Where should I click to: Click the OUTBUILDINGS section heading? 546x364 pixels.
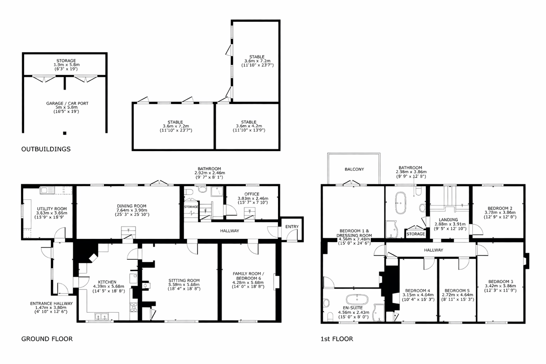46,149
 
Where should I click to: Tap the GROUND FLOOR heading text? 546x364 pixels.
47,339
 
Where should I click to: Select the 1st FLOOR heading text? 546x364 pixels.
337,339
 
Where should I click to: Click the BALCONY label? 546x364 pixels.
354,169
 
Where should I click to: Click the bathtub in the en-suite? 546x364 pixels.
356,299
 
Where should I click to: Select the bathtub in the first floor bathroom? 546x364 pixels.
401,203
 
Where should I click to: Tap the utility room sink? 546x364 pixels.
47,190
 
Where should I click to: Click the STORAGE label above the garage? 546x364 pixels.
66,61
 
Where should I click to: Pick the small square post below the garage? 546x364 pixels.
65,133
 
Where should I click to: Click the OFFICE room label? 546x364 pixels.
251,193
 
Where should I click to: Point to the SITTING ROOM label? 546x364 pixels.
181,280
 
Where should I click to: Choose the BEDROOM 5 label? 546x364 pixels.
456,291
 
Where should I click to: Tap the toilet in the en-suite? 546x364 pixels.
326,302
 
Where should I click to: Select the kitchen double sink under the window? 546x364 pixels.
101,316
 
